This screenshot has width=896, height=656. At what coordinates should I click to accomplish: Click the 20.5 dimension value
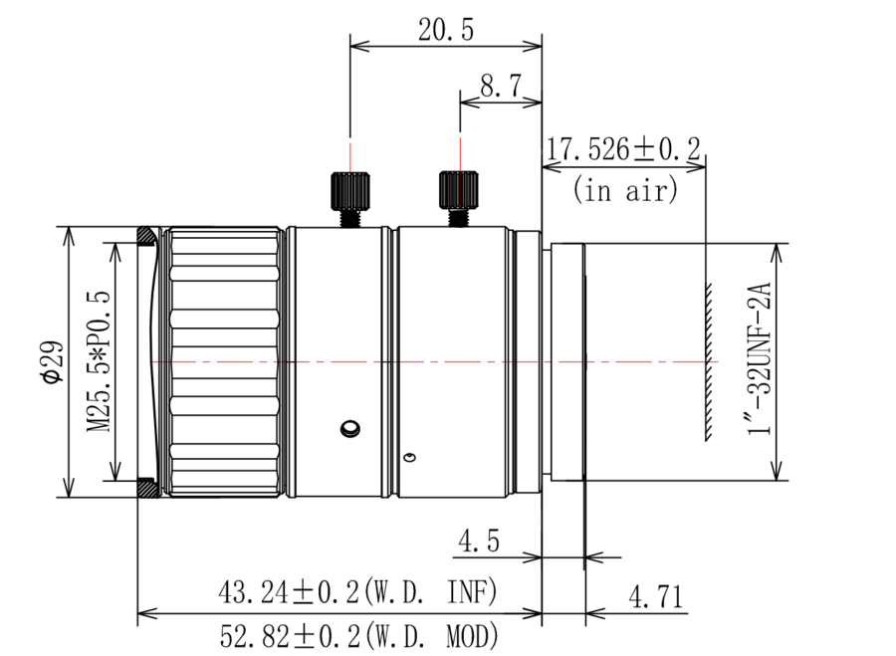click(x=446, y=30)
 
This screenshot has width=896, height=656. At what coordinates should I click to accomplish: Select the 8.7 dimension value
click(x=501, y=87)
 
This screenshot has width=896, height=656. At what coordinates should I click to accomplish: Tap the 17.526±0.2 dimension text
click(x=623, y=149)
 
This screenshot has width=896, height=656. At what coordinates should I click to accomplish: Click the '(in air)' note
click(x=625, y=189)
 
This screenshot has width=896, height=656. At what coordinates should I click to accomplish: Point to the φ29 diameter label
click(x=53, y=361)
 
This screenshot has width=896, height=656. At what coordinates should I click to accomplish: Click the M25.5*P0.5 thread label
click(x=98, y=361)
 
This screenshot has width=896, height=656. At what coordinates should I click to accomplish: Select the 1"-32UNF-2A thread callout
click(x=760, y=358)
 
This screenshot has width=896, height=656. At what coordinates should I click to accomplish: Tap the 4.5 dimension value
click(x=478, y=540)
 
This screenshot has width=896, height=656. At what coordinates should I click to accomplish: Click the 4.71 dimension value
click(x=655, y=597)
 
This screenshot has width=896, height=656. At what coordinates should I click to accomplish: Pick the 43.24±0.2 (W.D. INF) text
click(x=357, y=592)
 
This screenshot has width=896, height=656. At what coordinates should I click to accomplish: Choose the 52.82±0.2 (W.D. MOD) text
click(x=358, y=635)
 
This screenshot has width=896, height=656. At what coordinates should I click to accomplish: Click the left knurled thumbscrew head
click(x=350, y=190)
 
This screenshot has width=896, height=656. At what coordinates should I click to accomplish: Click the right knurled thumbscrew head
click(x=459, y=189)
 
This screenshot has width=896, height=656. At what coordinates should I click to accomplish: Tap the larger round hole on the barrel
click(x=349, y=428)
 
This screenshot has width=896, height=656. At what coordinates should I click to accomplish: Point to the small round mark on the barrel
click(x=409, y=457)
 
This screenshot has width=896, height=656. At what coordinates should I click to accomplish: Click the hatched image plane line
click(x=708, y=361)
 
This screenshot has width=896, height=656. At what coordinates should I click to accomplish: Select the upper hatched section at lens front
click(x=147, y=235)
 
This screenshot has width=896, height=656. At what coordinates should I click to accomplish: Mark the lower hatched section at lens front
click(x=147, y=487)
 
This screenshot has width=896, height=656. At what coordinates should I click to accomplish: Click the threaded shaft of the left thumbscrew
click(x=350, y=218)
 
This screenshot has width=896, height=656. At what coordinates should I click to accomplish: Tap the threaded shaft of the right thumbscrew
click(x=459, y=217)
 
